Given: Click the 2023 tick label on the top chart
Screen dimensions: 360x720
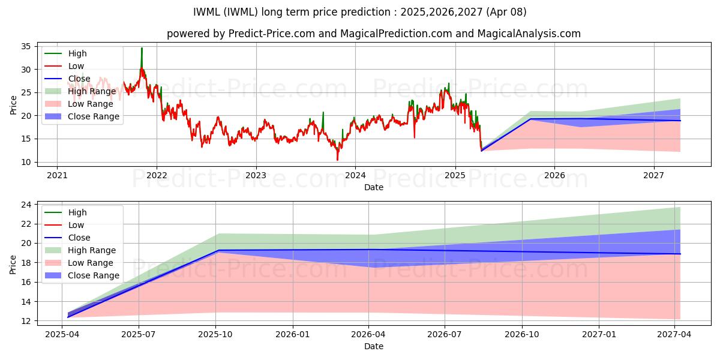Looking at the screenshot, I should pyautogui.click(x=256, y=175).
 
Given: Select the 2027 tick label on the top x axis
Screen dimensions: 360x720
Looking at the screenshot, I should pyautogui.click(x=653, y=175).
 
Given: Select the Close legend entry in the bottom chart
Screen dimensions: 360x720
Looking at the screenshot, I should pyautogui.click(x=79, y=238).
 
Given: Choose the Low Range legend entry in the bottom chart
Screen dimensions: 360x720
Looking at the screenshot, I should pyautogui.click(x=90, y=263).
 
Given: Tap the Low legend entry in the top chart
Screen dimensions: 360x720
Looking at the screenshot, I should pyautogui.click(x=76, y=66).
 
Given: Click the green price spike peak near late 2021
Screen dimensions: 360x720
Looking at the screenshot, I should pyautogui.click(x=142, y=48).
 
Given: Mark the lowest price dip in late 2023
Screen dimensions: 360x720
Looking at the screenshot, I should pyautogui.click(x=337, y=160).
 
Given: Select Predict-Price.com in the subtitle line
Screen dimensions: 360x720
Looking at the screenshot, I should pyautogui.click(x=272, y=34).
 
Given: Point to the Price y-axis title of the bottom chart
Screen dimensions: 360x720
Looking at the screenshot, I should pyautogui.click(x=13, y=264).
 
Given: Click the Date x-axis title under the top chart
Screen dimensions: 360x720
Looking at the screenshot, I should pyautogui.click(x=374, y=187).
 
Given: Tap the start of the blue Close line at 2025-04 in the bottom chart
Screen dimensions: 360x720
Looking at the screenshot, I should pyautogui.click(x=68, y=317).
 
